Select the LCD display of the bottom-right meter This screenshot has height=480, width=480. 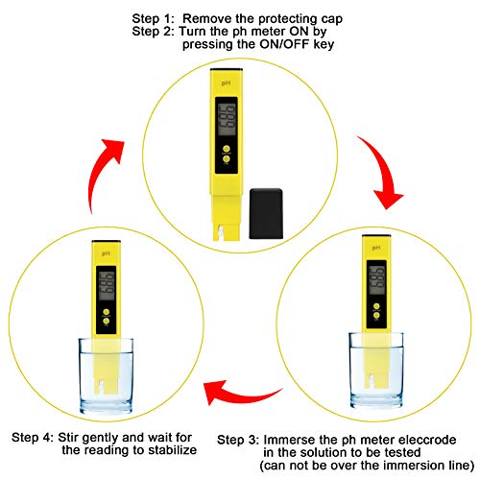point(372,280)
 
